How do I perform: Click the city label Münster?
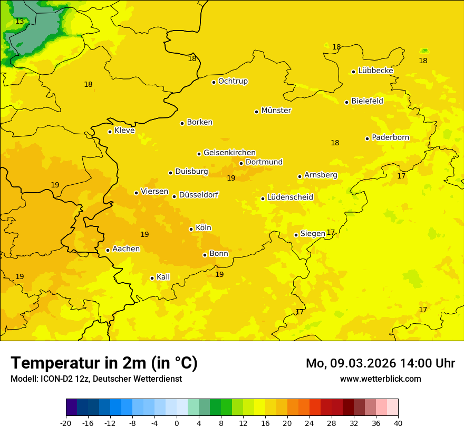click(276, 111)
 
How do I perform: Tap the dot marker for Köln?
click(191, 229)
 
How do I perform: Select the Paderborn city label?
click(390, 137)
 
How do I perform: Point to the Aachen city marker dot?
click(108, 250)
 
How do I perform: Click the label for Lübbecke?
click(375, 71)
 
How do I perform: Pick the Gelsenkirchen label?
click(229, 153)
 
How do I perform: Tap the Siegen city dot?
click(296, 235)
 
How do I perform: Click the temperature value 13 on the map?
click(20, 22)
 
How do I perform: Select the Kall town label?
click(163, 277)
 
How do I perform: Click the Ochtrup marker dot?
click(214, 82)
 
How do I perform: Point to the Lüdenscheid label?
click(290, 197)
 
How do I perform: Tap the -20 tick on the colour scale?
click(66, 423)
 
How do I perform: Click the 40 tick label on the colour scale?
click(398, 423)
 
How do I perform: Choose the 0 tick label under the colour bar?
click(177, 423)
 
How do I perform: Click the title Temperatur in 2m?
click(104, 363)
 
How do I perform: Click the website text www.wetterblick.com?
click(380, 379)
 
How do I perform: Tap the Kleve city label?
click(124, 131)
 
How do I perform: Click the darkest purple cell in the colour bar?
click(71, 408)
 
